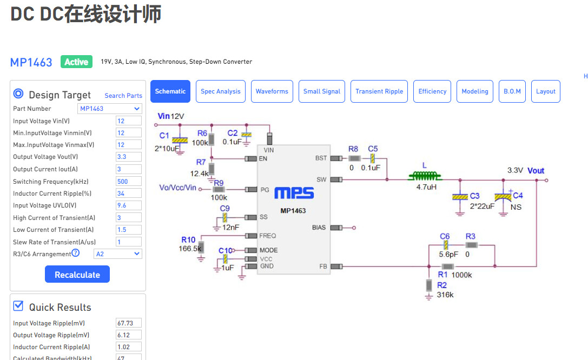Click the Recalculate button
click(x=77, y=274)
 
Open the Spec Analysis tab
click(x=221, y=91)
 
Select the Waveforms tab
click(x=272, y=91)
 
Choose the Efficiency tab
click(x=432, y=91)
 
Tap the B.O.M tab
click(x=512, y=91)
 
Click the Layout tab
click(x=546, y=91)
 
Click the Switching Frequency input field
click(x=129, y=181)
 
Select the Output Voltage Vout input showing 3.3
click(x=129, y=157)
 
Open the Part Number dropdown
click(x=110, y=109)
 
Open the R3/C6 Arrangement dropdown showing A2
click(x=118, y=254)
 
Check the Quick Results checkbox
click(x=18, y=306)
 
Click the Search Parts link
click(x=123, y=96)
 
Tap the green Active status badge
click(x=76, y=62)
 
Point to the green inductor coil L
click(x=425, y=175)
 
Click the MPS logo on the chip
click(x=294, y=193)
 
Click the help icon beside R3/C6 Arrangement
click(x=76, y=253)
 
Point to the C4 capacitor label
click(x=518, y=196)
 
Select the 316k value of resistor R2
click(x=445, y=295)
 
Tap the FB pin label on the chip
click(x=323, y=266)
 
